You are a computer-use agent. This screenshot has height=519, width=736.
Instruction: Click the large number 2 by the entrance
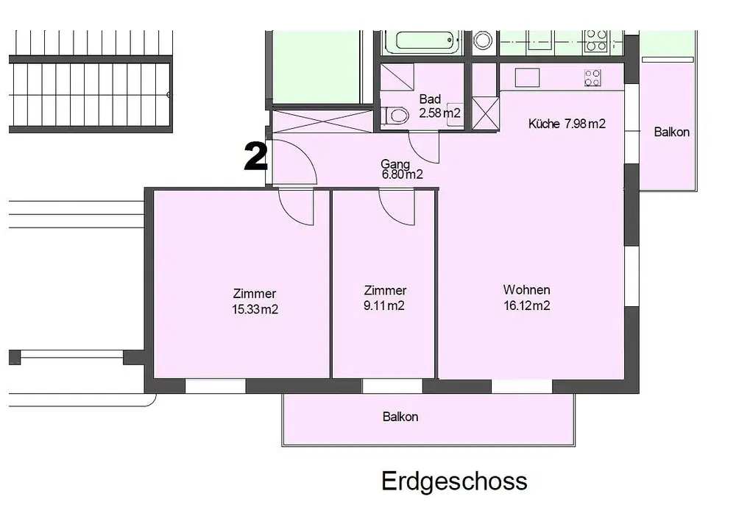pyautogui.click(x=255, y=158)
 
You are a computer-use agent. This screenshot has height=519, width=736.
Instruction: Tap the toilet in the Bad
pyautogui.click(x=397, y=116)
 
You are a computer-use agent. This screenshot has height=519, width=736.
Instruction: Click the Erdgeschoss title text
pyautogui.click(x=454, y=481)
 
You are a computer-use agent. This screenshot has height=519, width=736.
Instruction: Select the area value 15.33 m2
pyautogui.click(x=255, y=310)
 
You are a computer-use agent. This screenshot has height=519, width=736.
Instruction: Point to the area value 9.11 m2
pyautogui.click(x=385, y=306)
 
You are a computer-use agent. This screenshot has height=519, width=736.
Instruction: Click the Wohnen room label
pyautogui.click(x=526, y=289)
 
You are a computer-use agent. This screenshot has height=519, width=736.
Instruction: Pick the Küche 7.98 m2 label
pyautogui.click(x=567, y=124)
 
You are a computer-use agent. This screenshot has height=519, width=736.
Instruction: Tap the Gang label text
pyautogui.click(x=395, y=163)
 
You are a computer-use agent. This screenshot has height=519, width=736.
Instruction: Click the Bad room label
pyautogui.click(x=430, y=99)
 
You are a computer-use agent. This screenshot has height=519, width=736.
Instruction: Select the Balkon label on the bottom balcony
pyautogui.click(x=400, y=417)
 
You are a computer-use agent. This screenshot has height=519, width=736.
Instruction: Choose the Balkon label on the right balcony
pyautogui.click(x=671, y=132)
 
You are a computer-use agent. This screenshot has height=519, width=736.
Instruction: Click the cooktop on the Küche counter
pyautogui.click(x=592, y=77)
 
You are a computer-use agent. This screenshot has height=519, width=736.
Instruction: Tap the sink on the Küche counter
pyautogui.click(x=528, y=77)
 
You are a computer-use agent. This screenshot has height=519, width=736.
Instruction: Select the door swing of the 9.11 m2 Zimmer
pyautogui.click(x=397, y=207)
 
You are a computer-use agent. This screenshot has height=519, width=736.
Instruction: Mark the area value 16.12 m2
pyautogui.click(x=526, y=306)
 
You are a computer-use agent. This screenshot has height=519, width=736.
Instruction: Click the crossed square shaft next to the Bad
pyautogui.click(x=484, y=113)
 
